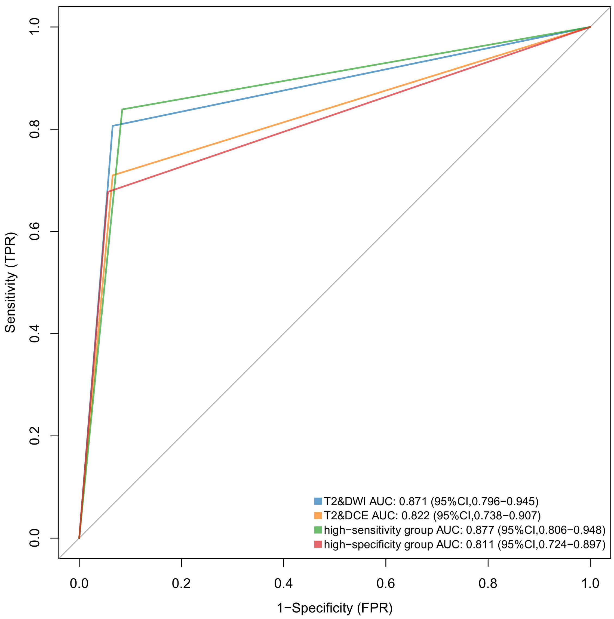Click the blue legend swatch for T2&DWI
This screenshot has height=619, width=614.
[318, 501]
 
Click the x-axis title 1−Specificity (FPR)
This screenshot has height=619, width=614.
[334, 608]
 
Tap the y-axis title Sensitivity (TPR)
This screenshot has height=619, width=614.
[11, 282]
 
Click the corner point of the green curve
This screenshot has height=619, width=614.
[122, 109]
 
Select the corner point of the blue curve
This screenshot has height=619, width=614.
[112, 126]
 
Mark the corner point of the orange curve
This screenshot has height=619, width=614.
[112, 175]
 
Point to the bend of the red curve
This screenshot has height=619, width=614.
[108, 192]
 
